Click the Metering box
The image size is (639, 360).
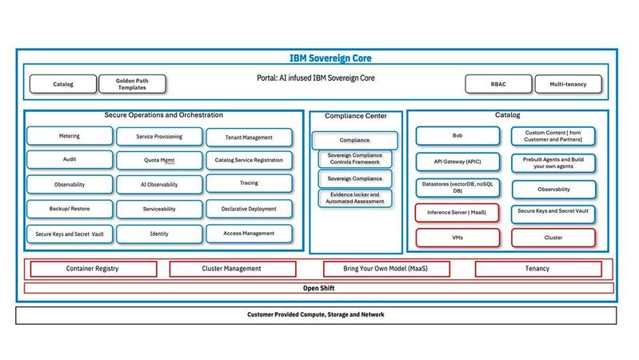69,137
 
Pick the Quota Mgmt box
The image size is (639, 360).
158,160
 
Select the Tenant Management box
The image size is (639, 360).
249,138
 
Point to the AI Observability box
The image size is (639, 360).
158,184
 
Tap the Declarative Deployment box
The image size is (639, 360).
249,209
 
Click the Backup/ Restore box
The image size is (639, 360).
69,209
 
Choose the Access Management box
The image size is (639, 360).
249,234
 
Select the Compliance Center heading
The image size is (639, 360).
355,116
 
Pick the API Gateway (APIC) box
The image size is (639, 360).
457,162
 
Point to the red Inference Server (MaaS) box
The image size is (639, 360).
457,213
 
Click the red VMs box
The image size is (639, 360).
457,238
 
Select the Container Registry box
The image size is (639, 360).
92,269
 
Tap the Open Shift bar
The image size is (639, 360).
319,288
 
